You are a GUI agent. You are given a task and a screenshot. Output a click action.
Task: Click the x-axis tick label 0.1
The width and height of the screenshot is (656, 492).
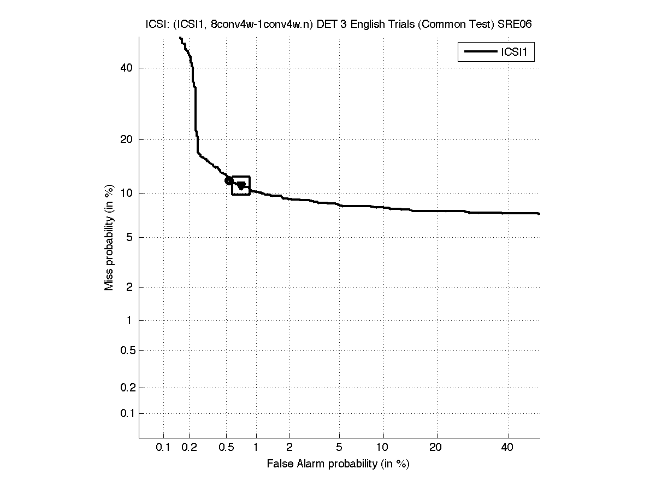[163, 448]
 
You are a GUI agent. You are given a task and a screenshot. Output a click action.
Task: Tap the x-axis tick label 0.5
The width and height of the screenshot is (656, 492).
[226, 448]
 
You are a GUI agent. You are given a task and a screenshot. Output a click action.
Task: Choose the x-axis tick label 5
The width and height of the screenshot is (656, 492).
[339, 448]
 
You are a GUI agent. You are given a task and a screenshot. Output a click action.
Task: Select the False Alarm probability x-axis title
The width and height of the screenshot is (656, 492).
[338, 464]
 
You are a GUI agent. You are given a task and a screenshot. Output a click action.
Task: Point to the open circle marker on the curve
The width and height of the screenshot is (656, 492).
[229, 180]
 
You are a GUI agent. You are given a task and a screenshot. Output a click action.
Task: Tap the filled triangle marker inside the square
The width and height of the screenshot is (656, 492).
[241, 186]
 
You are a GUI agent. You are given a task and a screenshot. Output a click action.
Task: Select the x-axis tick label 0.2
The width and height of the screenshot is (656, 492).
[189, 448]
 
